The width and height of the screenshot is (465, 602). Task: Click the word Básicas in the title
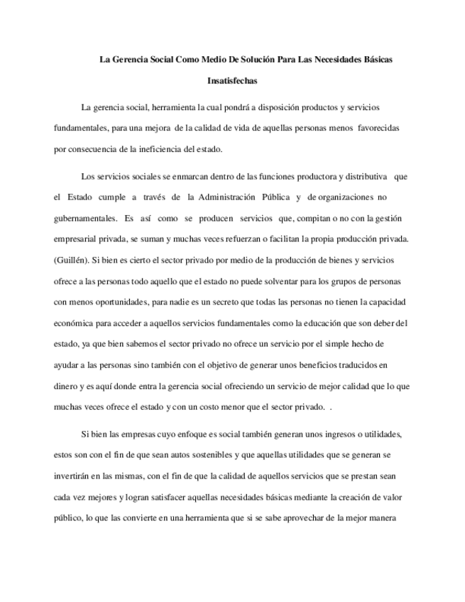point(376,59)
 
